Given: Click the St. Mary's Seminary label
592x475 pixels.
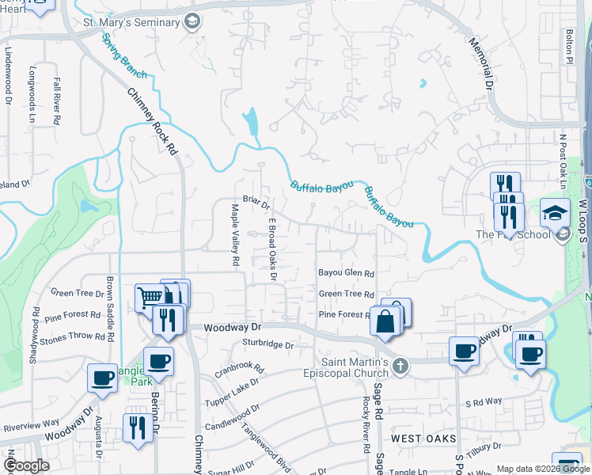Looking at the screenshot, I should [131, 21].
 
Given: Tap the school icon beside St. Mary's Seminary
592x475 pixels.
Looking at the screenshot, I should [191, 21].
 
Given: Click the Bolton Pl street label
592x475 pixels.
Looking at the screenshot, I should [568, 47].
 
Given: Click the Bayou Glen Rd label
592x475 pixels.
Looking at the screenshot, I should [346, 273].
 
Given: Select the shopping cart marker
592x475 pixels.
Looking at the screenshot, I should [149, 298].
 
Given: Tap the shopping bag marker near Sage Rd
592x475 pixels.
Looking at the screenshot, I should [385, 322].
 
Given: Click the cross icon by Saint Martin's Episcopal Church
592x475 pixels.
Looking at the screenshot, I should [401, 366].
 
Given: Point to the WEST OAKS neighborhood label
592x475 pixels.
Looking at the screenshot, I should [424, 438].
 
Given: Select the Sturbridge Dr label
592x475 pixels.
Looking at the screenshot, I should [268, 345].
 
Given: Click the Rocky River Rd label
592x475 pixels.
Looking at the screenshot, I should [367, 424].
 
